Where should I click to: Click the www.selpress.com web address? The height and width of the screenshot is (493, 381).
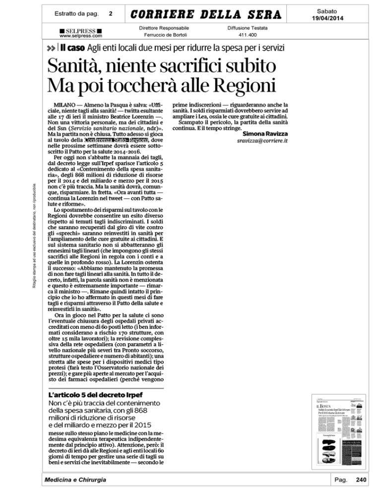coord(80,36)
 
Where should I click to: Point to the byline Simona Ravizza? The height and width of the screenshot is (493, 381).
coord(265,133)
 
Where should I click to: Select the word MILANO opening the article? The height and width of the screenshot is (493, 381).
coord(64,106)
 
